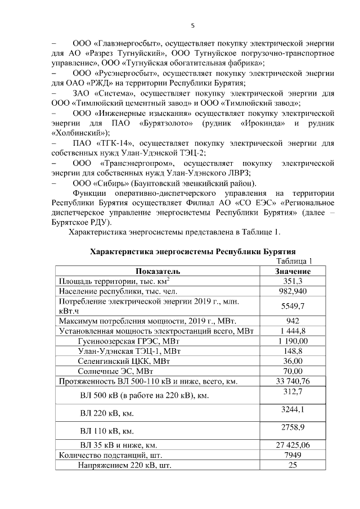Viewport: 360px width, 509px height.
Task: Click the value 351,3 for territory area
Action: tap(292, 281)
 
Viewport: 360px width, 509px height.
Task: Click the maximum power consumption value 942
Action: tap(292, 321)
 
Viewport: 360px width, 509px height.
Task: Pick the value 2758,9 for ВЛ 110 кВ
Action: tap(292, 427)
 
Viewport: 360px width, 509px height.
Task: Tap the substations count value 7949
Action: tap(292, 455)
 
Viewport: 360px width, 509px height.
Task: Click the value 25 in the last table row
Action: tap(292, 465)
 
